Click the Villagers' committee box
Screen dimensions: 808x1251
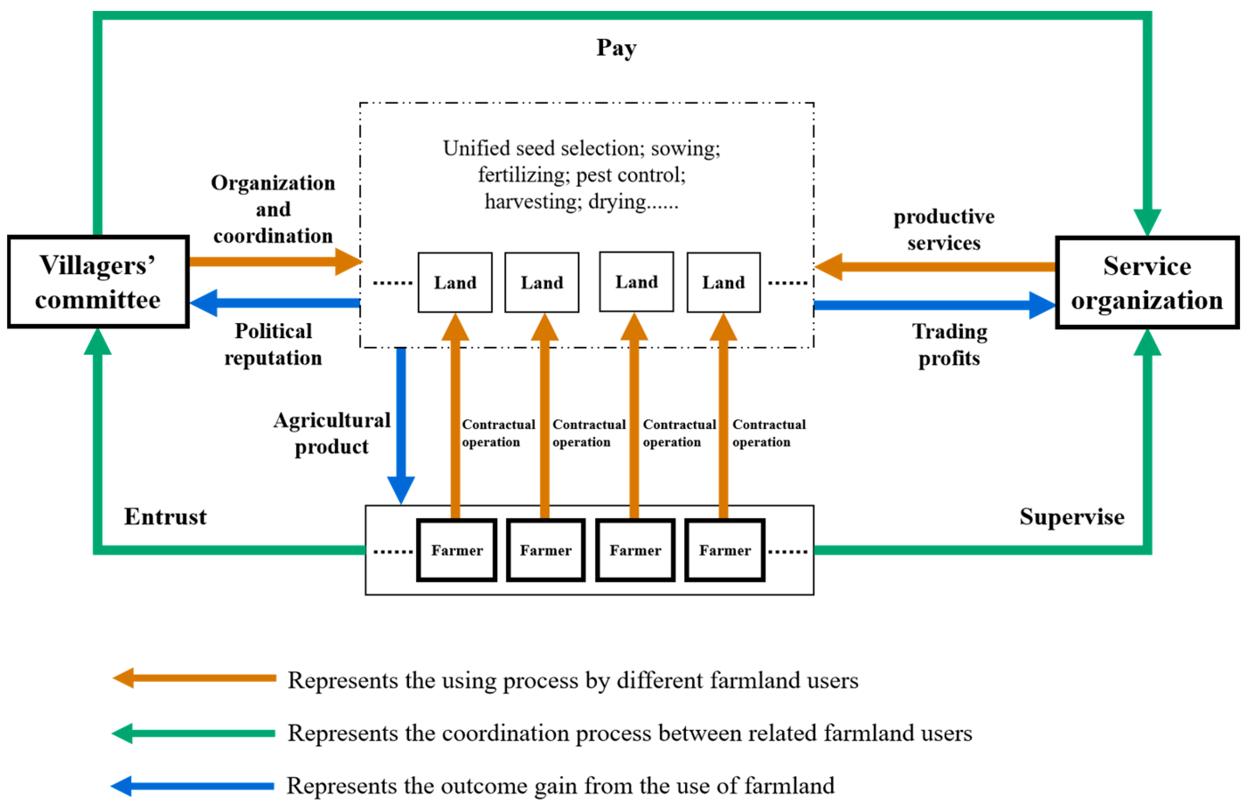98,282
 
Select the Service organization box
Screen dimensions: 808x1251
1147,283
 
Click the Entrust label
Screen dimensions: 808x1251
165,517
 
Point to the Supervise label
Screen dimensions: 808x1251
1071,517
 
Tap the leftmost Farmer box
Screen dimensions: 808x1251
456,550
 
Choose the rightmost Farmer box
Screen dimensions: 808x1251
725,550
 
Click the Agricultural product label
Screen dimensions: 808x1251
332,433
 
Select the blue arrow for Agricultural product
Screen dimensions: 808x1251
401,420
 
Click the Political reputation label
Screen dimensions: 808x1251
273,344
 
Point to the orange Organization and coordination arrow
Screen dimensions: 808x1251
273,261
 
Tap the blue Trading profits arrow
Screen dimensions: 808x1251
934,305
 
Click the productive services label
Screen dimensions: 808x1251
943,230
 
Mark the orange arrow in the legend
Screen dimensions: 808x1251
194,678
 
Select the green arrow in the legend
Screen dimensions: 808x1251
194,733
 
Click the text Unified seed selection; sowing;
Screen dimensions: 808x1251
581,148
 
